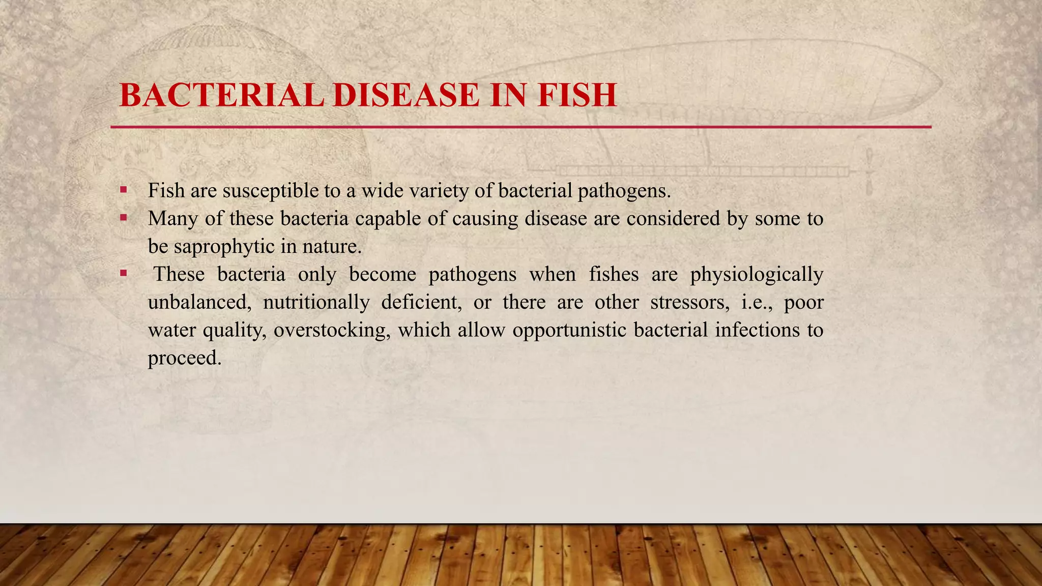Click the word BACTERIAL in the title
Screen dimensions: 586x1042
(221, 95)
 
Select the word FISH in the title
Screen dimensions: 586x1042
(576, 95)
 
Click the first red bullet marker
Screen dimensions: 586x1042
(124, 190)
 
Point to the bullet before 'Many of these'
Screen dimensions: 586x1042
(124, 218)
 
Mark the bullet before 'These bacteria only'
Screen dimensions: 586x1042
(124, 274)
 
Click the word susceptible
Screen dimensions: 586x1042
(269, 191)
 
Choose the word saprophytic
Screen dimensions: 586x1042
(224, 247)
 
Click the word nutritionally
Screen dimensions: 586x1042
(316, 302)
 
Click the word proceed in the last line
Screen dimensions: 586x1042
(184, 358)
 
